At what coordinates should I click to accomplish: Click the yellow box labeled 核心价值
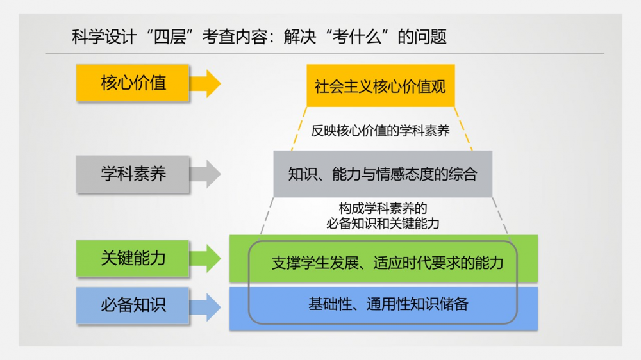tap(133, 83)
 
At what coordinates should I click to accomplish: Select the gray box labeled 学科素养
tap(133, 174)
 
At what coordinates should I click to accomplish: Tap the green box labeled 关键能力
tap(133, 258)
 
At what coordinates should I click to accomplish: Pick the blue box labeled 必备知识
tap(133, 306)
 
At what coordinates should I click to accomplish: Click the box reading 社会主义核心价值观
tap(380, 86)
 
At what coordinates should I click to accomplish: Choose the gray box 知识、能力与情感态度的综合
tap(383, 174)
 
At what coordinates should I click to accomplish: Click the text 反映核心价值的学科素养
tap(380, 131)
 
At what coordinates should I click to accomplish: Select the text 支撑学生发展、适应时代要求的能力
tap(387, 263)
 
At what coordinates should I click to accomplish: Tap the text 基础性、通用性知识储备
tap(388, 304)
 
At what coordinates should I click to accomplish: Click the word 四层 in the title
tap(170, 37)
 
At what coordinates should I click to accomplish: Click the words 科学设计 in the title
tap(103, 37)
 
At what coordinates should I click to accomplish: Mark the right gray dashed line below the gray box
tap(500, 215)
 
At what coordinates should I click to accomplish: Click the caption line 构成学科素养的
tap(383, 209)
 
